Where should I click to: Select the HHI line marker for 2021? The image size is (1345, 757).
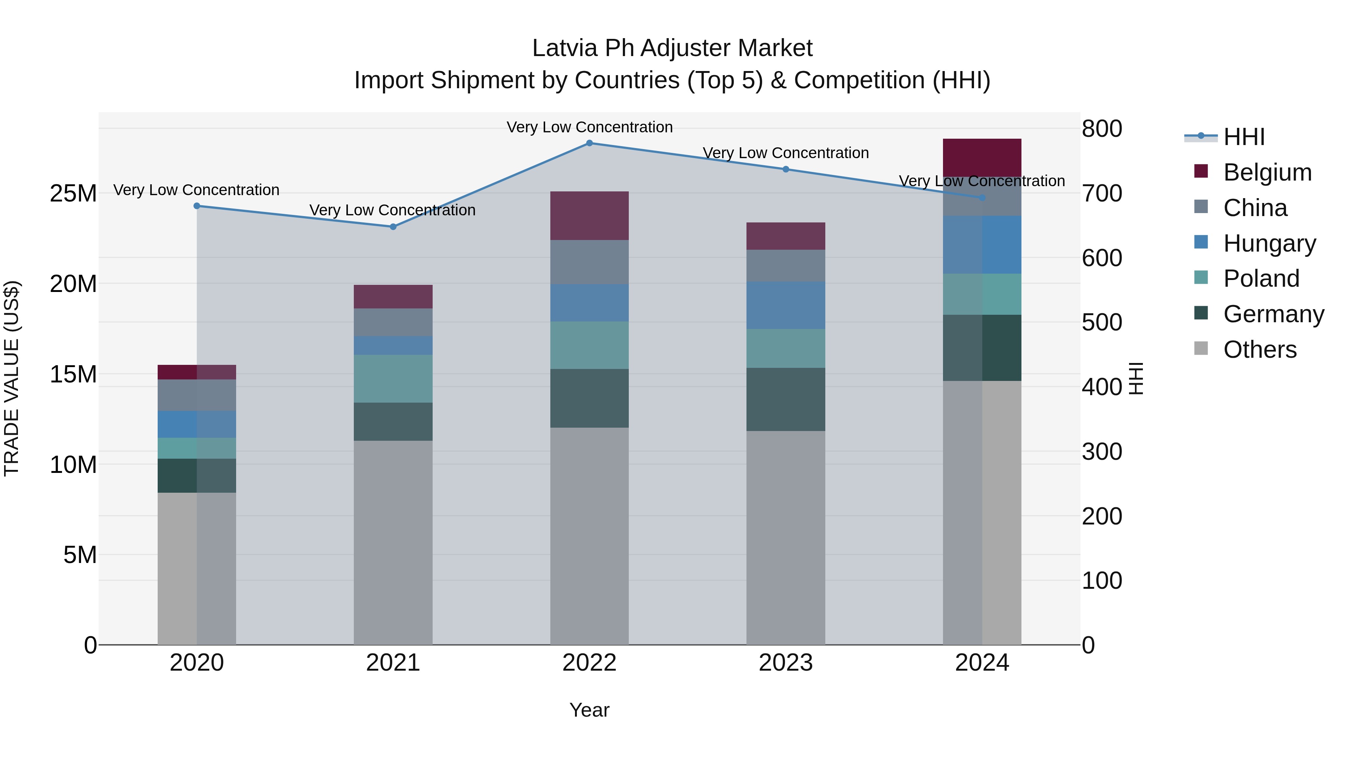click(x=393, y=227)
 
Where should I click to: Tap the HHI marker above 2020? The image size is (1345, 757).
click(x=197, y=206)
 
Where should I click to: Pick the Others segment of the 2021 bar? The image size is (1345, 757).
click(x=393, y=542)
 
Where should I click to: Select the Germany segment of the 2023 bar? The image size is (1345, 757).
click(x=785, y=399)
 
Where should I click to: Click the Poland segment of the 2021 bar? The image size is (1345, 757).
click(x=393, y=378)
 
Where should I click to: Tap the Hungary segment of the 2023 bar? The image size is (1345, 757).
click(x=785, y=305)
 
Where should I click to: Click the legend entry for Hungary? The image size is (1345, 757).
click(x=1269, y=243)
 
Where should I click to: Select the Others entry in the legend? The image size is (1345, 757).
click(x=1259, y=350)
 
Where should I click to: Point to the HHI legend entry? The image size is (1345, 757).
click(x=1244, y=137)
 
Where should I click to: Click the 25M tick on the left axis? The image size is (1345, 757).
click(x=73, y=193)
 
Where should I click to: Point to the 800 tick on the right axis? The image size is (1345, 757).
click(x=1102, y=129)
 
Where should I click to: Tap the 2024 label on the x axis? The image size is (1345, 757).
click(x=981, y=663)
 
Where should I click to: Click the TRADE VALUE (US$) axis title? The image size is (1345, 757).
click(x=12, y=378)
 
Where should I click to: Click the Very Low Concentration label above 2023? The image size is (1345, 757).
click(x=785, y=153)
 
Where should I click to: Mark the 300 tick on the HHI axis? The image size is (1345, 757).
click(x=1102, y=451)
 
